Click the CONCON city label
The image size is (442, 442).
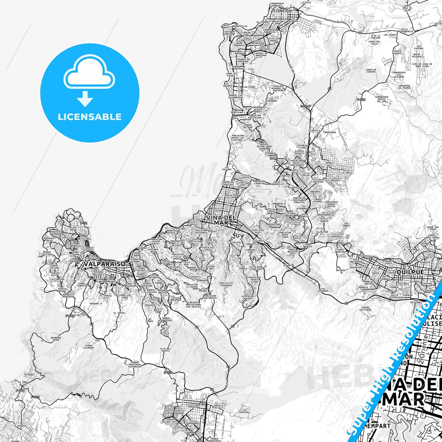pyautogui.click(x=282, y=11)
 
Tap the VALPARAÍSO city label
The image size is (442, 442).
pyautogui.click(x=101, y=264)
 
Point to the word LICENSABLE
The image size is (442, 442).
pyautogui.click(x=90, y=117)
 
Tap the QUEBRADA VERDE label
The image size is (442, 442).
pyautogui.click(x=56, y=339)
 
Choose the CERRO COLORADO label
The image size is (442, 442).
pyautogui.click(x=88, y=347)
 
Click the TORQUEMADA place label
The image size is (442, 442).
pyautogui.click(x=329, y=132)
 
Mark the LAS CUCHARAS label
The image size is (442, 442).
pyautogui.click(x=323, y=289)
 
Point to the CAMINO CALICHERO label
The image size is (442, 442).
pyautogui.click(x=366, y=308)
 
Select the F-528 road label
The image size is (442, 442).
pyautogui.click(x=361, y=99)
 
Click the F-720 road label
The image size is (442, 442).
pyautogui.click(x=168, y=373)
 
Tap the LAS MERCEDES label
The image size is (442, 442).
pyautogui.click(x=244, y=411)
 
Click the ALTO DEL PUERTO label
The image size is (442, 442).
pyautogui.click(x=165, y=350)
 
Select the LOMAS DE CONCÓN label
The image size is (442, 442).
pyautogui.click(x=370, y=71)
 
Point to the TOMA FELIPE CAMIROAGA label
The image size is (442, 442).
pyautogui.click(x=226, y=284)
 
